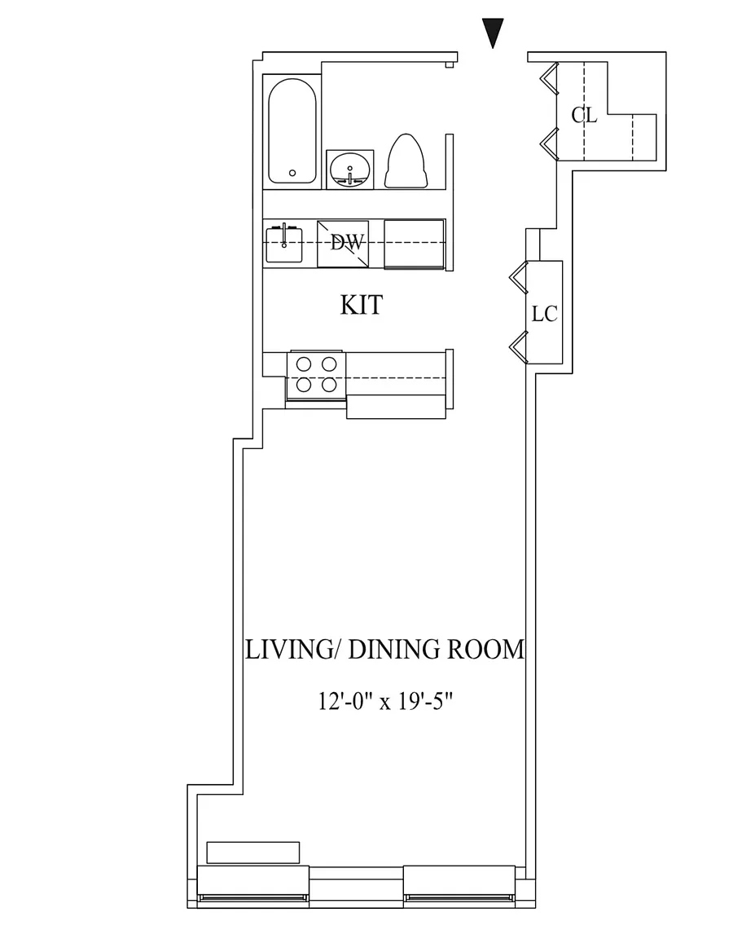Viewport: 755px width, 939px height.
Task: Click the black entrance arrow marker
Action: (x=493, y=33)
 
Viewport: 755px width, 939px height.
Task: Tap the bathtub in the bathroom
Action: (x=292, y=131)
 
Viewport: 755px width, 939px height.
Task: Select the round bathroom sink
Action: (x=350, y=170)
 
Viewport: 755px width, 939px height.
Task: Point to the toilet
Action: (x=406, y=161)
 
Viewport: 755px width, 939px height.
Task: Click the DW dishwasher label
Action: (x=348, y=243)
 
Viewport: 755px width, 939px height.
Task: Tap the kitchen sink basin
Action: (x=284, y=243)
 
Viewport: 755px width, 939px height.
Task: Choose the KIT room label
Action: (x=361, y=305)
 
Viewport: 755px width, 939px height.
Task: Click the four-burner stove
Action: (x=316, y=375)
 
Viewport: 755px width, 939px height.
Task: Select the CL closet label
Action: (x=584, y=115)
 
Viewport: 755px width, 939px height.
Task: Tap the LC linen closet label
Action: (x=544, y=314)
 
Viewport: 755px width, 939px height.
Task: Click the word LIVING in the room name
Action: (x=288, y=649)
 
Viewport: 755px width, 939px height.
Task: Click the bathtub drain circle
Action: (x=292, y=174)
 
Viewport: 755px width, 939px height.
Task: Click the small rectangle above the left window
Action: (x=252, y=853)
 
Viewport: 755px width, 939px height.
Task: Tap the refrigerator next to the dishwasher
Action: (x=414, y=244)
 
